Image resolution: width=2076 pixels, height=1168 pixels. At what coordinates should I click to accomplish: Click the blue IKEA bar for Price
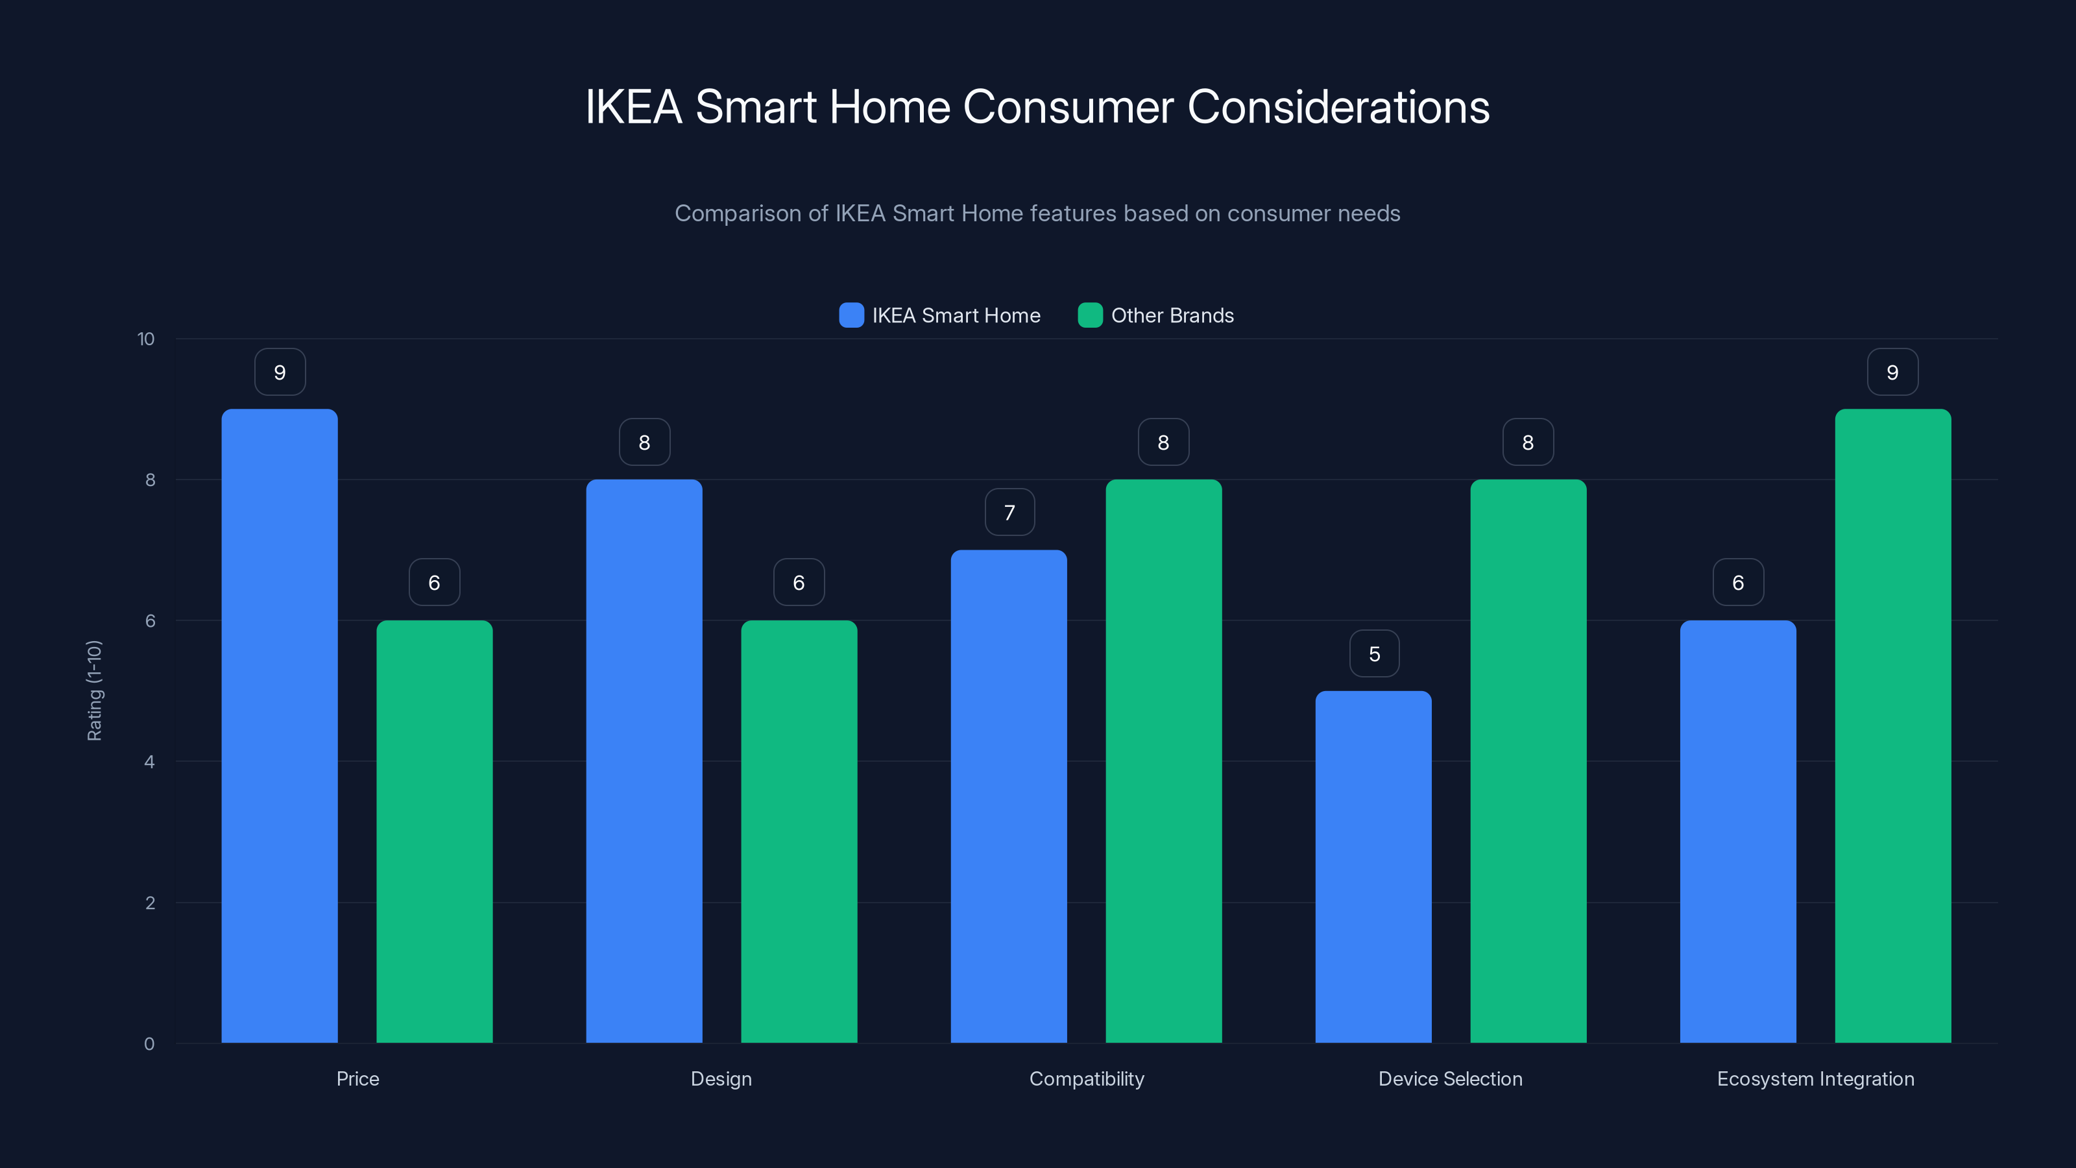coord(279,725)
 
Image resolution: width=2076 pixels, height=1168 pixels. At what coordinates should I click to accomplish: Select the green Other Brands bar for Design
coord(799,831)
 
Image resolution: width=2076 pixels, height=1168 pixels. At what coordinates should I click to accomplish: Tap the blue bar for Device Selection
coord(1373,866)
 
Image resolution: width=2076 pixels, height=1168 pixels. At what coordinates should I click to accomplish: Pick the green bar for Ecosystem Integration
coord(1892,725)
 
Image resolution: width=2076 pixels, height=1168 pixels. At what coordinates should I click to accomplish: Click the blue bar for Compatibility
coord(1008,796)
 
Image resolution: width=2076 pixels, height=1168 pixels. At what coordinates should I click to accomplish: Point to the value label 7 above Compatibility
coord(1009,513)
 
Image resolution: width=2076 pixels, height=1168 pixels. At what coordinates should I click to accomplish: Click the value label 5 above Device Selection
coord(1374,653)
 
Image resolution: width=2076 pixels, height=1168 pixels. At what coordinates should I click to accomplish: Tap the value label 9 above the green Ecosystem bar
coord(1892,372)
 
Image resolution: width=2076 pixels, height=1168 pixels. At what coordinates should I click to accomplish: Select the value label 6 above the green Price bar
coord(435,583)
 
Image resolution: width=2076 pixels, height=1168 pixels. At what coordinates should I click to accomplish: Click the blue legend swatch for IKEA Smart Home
coord(851,315)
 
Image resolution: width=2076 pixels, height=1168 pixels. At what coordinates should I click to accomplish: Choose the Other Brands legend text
coord(1172,315)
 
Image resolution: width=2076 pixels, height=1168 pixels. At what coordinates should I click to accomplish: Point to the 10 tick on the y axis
coord(146,339)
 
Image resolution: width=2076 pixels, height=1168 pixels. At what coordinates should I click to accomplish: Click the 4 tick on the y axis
coord(149,762)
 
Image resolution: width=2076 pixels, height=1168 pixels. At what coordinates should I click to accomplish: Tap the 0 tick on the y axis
coord(149,1044)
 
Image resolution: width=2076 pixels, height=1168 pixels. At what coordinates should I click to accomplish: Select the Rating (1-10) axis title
coord(94,691)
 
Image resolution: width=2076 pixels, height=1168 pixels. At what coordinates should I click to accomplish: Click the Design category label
coord(721,1078)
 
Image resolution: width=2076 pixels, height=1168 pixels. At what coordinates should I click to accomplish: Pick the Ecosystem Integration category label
coord(1815,1078)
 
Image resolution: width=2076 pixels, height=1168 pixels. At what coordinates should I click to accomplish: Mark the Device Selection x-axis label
coord(1450,1078)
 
